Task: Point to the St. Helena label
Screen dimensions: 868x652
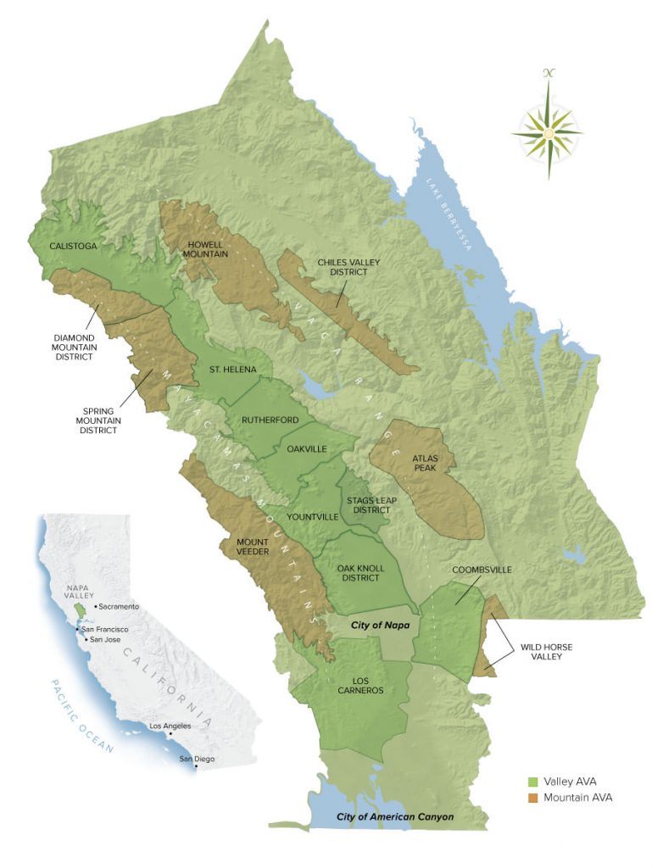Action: [234, 370]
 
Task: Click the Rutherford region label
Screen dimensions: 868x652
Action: [267, 420]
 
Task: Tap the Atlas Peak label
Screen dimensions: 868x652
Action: [425, 463]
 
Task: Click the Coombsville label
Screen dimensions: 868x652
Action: [482, 570]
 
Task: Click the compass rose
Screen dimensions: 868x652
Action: [548, 134]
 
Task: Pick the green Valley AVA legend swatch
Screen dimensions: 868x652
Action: [533, 781]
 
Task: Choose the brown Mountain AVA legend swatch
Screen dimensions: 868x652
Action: [533, 798]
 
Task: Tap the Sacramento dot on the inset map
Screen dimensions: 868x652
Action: [95, 607]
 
